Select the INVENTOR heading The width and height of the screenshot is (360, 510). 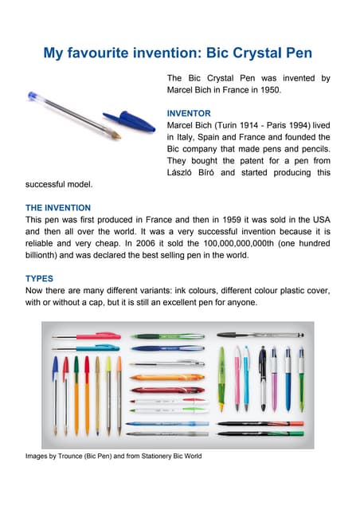click(188, 113)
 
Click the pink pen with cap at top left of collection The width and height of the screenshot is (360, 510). click(88, 336)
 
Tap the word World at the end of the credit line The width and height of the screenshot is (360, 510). click(191, 457)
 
